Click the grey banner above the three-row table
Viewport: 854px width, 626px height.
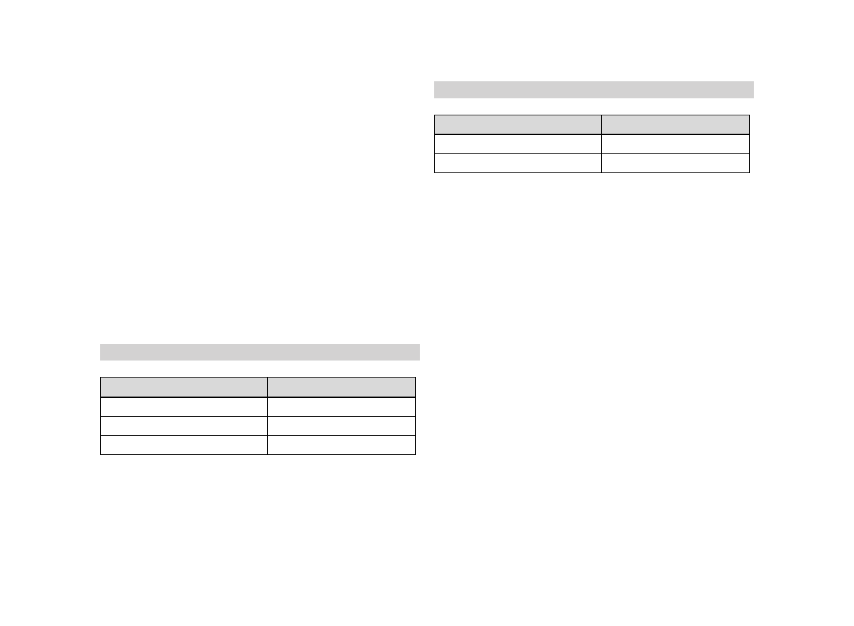pos(259,352)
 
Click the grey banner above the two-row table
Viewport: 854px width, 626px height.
pos(593,90)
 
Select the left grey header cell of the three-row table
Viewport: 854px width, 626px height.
pos(183,387)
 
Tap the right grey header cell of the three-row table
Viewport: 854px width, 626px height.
pos(341,387)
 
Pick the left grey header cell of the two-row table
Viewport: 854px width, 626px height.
pos(517,125)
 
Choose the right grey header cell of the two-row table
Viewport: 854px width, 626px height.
pos(675,125)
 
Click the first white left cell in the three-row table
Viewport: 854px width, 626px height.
pos(183,407)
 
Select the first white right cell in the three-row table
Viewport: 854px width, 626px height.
pos(341,407)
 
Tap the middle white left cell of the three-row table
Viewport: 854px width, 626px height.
pos(183,426)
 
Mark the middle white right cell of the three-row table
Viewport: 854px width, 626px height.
pos(341,426)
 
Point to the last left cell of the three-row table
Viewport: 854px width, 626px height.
pos(183,445)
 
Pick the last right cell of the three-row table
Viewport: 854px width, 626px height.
pos(341,445)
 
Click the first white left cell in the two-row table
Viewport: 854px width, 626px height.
pos(517,144)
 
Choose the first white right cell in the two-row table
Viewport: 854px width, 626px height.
pos(675,144)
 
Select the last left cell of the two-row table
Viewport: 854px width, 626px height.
pos(517,163)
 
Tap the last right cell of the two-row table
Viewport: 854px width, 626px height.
pos(675,163)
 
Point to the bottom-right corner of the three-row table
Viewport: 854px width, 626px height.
pos(415,454)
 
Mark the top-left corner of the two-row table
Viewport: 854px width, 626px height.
pos(435,115)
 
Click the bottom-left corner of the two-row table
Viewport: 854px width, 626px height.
pos(435,172)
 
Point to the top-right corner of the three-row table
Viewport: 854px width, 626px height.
pos(415,378)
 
